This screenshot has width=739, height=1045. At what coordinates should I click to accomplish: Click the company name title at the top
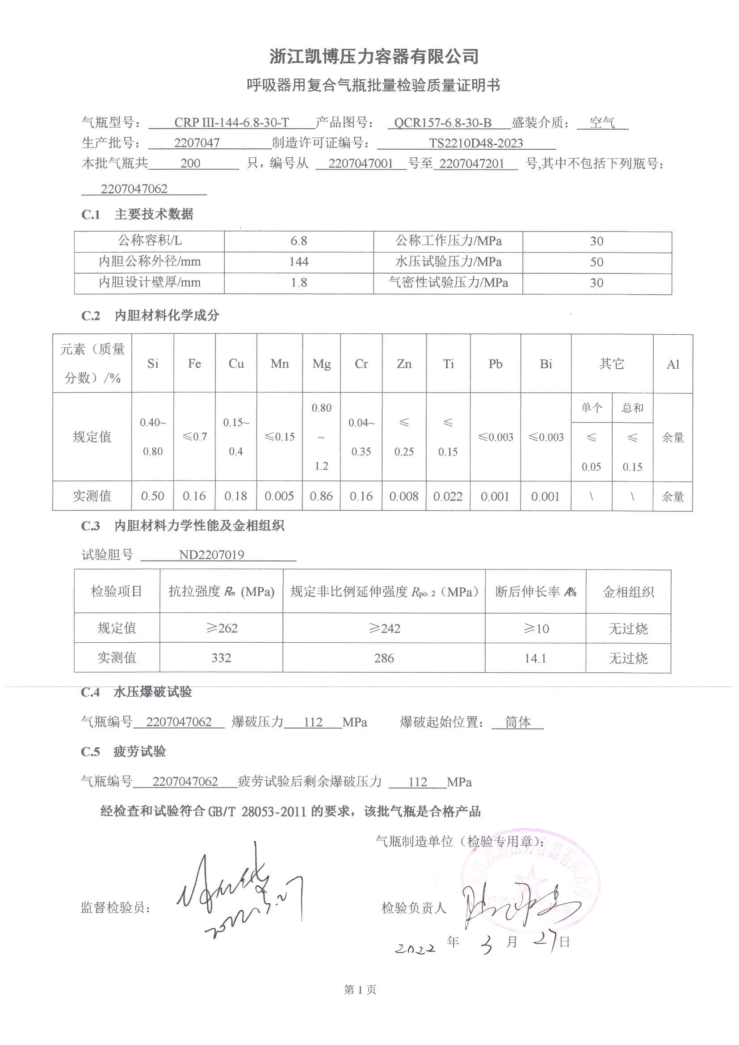pos(374,56)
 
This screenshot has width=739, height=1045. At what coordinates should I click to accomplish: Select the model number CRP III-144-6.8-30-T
pos(231,122)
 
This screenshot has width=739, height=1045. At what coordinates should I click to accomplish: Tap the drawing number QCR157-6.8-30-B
pos(442,123)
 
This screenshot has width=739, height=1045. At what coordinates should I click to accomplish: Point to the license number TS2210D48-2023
pos(475,143)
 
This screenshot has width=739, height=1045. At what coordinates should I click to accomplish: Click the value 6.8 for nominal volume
pos(298,241)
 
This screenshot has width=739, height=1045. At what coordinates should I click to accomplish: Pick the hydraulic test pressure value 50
pos(596,262)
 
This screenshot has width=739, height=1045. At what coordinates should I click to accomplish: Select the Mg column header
pos(321,364)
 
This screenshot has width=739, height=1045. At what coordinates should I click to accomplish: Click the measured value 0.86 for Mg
pos(321,496)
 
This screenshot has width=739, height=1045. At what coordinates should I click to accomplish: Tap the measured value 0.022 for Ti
pos(448,497)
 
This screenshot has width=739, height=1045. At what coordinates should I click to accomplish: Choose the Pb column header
pos(495,364)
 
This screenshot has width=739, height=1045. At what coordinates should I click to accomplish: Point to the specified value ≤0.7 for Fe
pos(194,437)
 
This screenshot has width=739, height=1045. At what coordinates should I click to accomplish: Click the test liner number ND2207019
pos(211,555)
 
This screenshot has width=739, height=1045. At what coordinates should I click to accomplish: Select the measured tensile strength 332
pos(221,657)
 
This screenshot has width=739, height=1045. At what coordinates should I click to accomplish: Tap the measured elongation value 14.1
pos(535,658)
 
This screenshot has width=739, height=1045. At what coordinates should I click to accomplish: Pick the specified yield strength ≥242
pos(384,628)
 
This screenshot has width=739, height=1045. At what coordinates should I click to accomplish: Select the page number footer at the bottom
pos(360,990)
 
